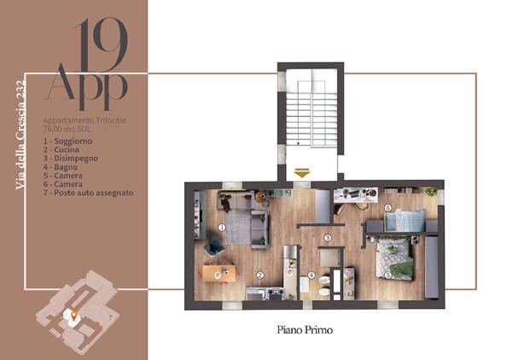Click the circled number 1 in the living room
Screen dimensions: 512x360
(222, 228)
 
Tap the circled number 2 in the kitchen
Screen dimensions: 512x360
(260, 276)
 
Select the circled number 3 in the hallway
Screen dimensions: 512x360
(328, 238)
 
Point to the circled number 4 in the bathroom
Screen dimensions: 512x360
(311, 276)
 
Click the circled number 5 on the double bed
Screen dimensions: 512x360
(387, 276)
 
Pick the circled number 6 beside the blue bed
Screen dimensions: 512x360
(388, 207)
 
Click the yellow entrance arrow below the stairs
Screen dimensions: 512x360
(302, 172)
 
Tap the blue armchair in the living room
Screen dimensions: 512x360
(214, 247)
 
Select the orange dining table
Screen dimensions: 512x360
(218, 274)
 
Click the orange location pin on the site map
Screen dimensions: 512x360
(74, 316)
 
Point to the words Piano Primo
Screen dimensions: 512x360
(305, 330)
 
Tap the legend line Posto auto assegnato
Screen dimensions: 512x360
(89, 193)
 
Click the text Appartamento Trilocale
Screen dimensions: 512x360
(84, 120)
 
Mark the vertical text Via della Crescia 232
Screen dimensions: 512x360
(20, 135)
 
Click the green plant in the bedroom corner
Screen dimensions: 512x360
(432, 192)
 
